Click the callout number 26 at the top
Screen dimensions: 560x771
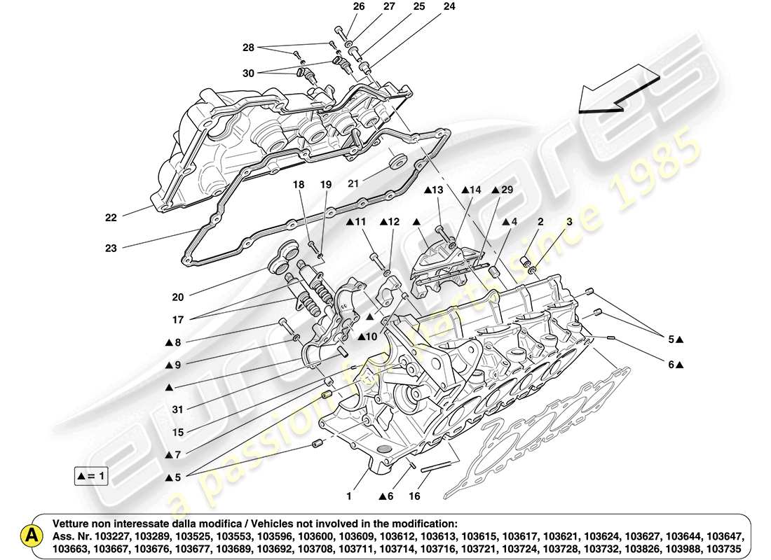[359, 7]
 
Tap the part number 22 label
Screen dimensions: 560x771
[111, 217]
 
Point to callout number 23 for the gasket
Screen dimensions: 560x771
[111, 246]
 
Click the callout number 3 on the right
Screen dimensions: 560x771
[569, 222]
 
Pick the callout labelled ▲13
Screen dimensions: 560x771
[433, 190]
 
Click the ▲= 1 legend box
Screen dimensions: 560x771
[90, 477]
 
